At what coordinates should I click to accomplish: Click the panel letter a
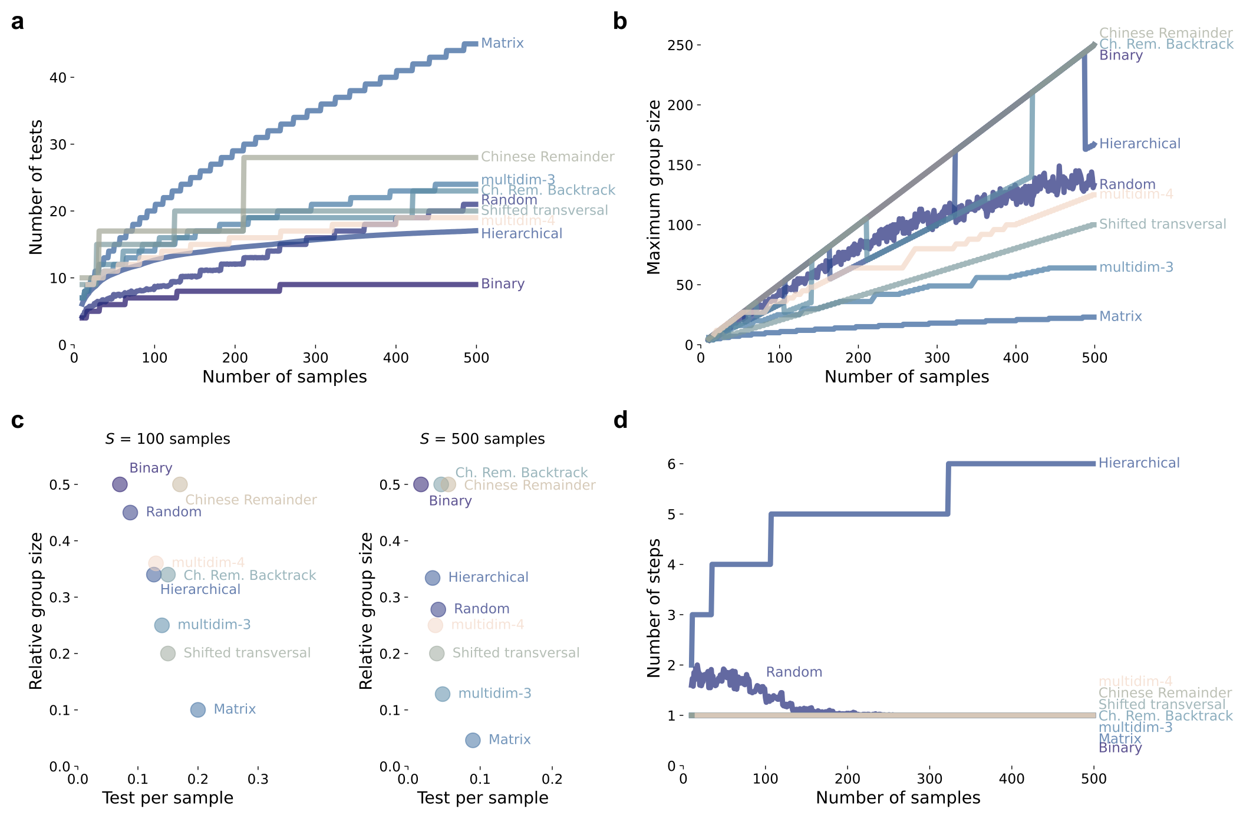pos(18,22)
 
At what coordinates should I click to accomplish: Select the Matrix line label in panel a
pos(502,43)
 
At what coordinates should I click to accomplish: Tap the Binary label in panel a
pos(502,283)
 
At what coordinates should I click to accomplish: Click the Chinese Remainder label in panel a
pos(547,157)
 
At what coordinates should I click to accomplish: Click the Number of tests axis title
pos(37,187)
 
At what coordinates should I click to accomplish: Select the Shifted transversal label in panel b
pos(1162,224)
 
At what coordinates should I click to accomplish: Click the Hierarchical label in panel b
pos(1139,144)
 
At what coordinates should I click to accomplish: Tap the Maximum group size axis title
pos(654,187)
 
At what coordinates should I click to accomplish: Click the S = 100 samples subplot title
pos(168,439)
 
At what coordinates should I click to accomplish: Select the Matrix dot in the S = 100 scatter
pos(198,710)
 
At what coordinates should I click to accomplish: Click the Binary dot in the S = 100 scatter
pos(120,484)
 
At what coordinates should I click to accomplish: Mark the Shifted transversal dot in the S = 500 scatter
pos(437,654)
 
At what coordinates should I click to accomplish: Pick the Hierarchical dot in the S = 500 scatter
pos(433,578)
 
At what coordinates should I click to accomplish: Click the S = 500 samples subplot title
pos(483,439)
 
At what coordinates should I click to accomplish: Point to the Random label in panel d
pos(794,672)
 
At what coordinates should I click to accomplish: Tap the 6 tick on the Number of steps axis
pos(671,464)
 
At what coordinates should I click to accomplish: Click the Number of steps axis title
pos(654,608)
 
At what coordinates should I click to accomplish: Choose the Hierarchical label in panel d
pos(1139,463)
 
